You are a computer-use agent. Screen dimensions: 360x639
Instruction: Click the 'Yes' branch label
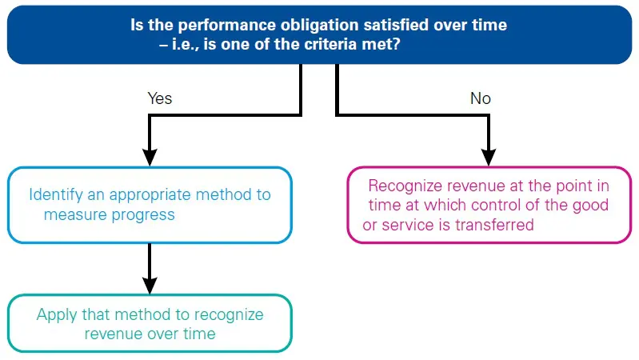click(x=160, y=98)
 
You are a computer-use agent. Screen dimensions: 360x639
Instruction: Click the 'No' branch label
click(x=481, y=98)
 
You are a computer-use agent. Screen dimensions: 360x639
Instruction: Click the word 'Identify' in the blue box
click(x=55, y=194)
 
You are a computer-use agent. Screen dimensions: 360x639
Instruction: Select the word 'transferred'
click(x=494, y=225)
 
